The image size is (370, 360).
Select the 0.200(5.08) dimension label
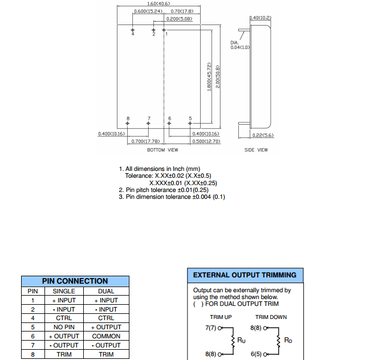click(x=179, y=18)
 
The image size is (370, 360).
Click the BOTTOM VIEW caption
click(x=162, y=150)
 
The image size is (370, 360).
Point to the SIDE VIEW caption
click(x=256, y=150)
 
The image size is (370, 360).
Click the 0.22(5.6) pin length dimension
click(x=263, y=135)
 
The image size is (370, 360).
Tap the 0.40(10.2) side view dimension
click(x=261, y=18)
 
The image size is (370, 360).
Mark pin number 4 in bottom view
click(x=133, y=34)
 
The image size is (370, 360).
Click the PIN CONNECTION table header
click(x=75, y=281)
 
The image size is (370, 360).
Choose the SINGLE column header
click(x=64, y=291)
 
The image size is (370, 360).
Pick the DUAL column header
click(x=106, y=291)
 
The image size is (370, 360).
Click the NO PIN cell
click(x=64, y=327)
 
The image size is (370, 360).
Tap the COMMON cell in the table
click(x=106, y=336)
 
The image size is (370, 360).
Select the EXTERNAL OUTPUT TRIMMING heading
click(x=245, y=275)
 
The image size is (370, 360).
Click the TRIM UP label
click(x=221, y=317)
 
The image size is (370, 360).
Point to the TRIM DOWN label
click(x=271, y=317)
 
